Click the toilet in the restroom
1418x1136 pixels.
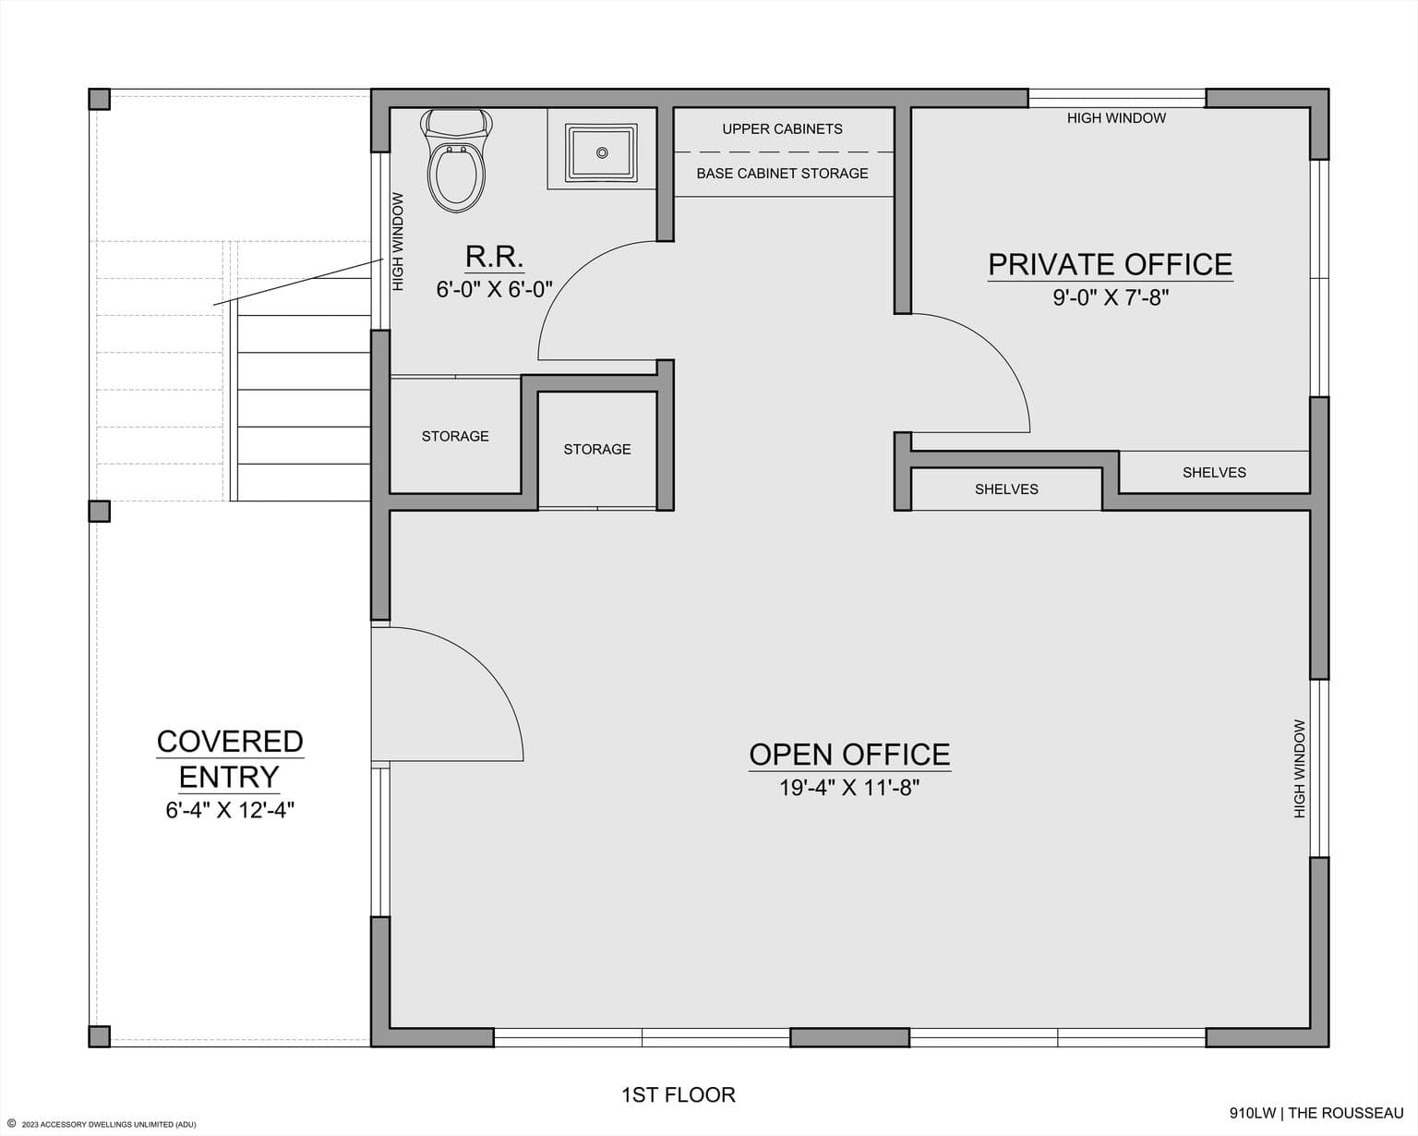coord(456,160)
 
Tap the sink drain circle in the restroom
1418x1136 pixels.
coord(602,153)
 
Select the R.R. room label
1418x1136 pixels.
coord(494,257)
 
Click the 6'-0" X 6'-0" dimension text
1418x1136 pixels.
coord(494,289)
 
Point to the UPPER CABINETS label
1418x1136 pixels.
coord(782,129)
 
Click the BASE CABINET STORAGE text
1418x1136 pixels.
coord(782,174)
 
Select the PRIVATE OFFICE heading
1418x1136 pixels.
coord(1111,264)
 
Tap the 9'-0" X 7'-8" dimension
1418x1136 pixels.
coord(1111,297)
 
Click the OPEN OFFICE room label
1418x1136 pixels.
coord(849,755)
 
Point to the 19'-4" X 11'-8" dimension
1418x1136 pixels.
coord(849,787)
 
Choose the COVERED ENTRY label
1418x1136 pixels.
coord(230,759)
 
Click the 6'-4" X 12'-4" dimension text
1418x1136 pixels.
coord(230,810)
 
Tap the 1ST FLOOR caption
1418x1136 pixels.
coord(679,1094)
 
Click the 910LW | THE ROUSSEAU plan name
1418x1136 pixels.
coord(1316,1113)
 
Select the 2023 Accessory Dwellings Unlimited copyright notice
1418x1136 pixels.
coord(102,1124)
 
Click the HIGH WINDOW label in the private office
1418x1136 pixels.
coord(1116,118)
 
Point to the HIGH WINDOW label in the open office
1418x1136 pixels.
coord(1299,768)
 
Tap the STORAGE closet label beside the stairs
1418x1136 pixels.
coord(455,437)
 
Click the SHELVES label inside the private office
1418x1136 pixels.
coord(1214,473)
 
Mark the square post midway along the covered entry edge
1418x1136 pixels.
coord(100,511)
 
